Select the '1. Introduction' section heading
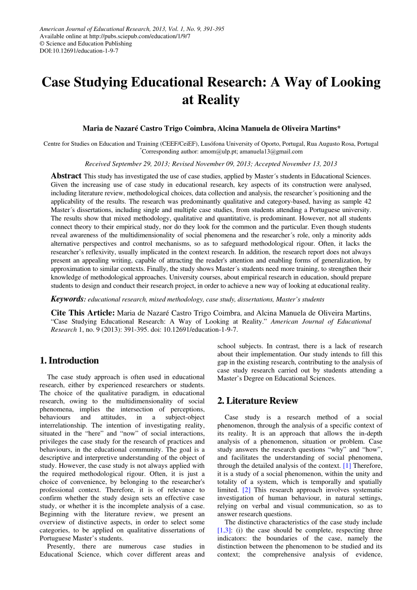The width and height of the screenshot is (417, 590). (x=69, y=360)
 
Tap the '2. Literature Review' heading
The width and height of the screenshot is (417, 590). (x=258, y=401)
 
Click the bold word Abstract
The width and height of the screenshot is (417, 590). (x=66, y=176)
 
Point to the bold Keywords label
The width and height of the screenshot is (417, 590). (x=69, y=298)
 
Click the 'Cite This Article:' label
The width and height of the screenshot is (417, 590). (x=83, y=313)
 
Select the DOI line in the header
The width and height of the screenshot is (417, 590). (x=78, y=51)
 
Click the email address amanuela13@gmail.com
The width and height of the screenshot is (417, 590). (x=275, y=152)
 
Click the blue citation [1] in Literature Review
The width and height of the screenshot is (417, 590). (x=347, y=465)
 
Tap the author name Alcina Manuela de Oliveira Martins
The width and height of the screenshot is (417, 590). (x=278, y=129)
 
